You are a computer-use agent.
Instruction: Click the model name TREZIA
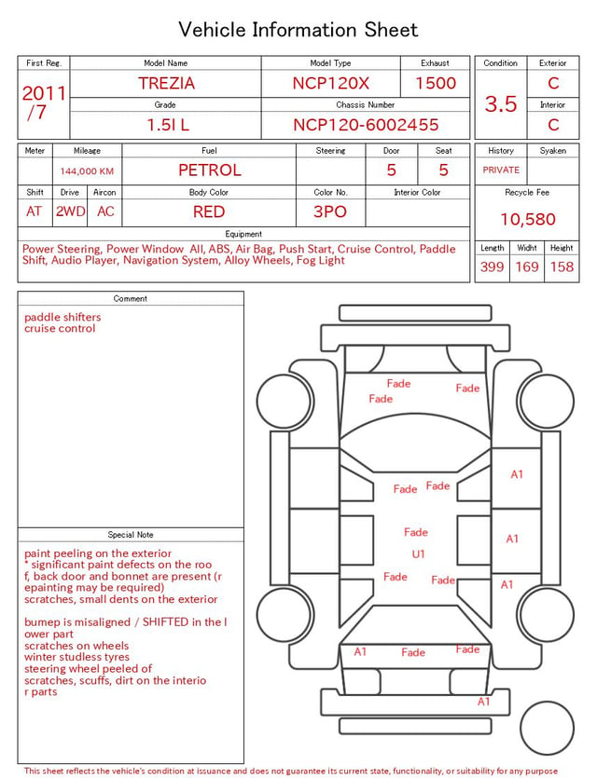(166, 83)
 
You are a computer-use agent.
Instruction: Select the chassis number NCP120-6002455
(366, 125)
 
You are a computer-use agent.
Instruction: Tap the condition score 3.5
(501, 104)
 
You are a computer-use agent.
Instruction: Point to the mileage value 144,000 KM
(87, 171)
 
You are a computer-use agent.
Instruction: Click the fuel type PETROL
(210, 171)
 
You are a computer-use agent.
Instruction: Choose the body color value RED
(209, 212)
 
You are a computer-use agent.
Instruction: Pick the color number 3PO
(330, 212)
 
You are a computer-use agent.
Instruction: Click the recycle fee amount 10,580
(527, 219)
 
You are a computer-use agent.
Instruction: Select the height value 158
(562, 266)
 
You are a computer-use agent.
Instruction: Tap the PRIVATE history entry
(501, 170)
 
